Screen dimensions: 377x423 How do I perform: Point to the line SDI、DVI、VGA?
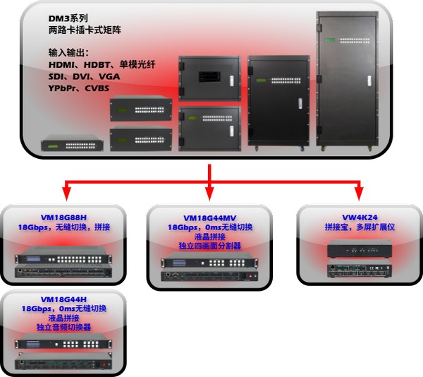pos(79,77)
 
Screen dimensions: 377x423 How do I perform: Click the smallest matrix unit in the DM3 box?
pos(72,144)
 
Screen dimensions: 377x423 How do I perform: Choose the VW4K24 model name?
pos(359,219)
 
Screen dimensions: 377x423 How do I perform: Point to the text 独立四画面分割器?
pos(210,247)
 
